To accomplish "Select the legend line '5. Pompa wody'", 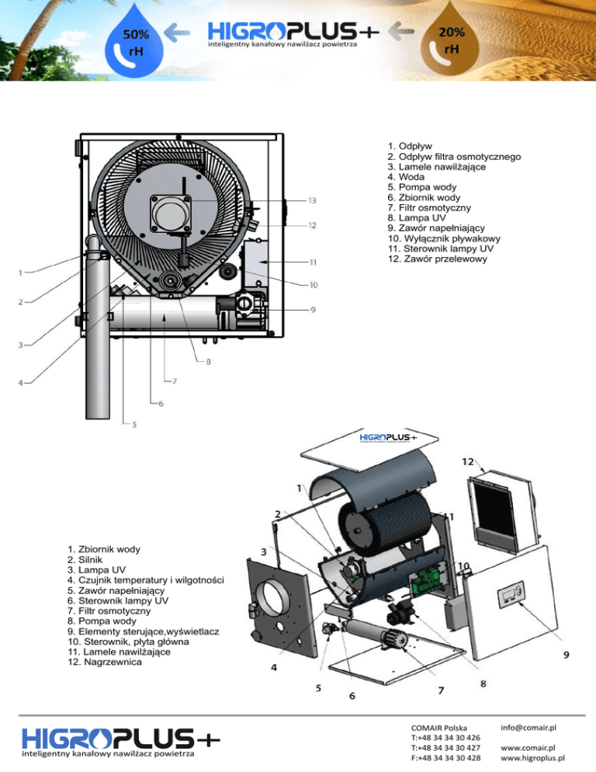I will point(423,187).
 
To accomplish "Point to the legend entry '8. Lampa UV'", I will point(418,218).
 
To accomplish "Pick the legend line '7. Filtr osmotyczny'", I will point(428,208).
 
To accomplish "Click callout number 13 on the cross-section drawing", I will point(311,200).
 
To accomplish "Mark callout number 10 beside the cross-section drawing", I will point(314,285).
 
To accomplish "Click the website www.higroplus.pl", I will point(533,758).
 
